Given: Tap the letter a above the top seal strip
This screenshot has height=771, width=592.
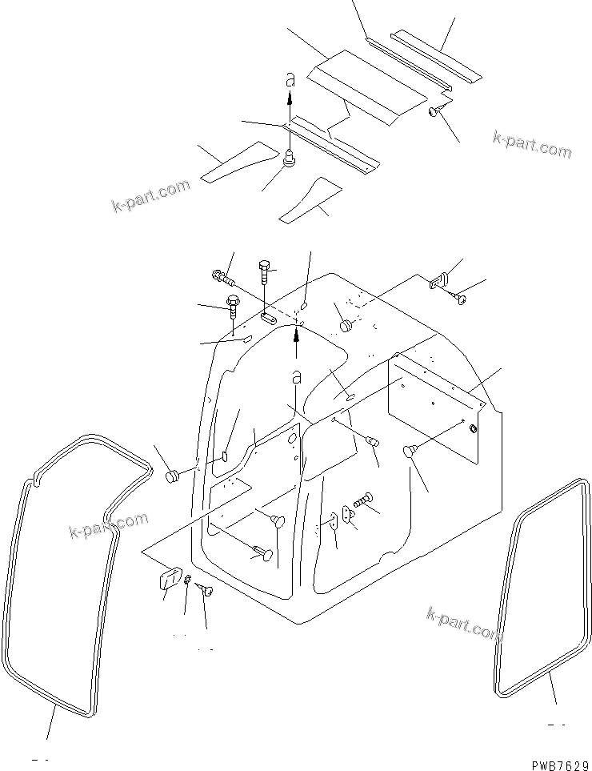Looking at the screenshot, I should pos(290,78).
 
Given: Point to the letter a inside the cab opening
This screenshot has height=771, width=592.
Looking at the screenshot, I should pos(296,376).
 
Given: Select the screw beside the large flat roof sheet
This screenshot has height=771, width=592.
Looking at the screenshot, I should pos(436,110).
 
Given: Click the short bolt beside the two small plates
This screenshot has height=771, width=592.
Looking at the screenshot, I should pos(366,500).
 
